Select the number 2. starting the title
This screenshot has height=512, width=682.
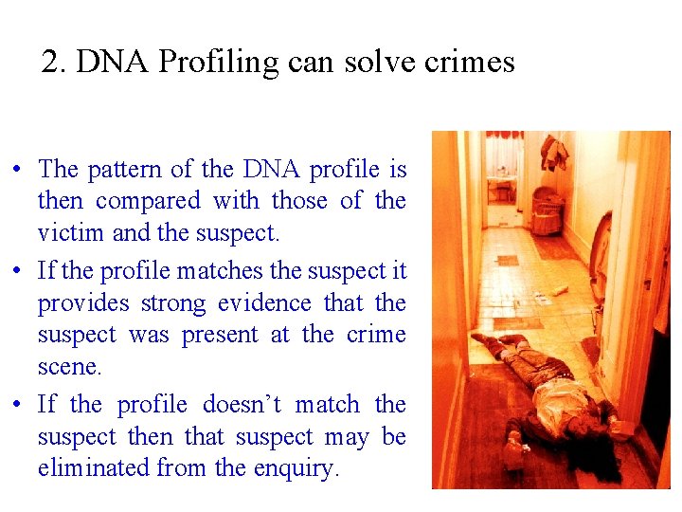[55, 63]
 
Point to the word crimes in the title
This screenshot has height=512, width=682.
[469, 63]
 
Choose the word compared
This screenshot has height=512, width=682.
[148, 201]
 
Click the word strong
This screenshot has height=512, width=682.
[174, 303]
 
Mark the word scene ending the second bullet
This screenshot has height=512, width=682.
[68, 367]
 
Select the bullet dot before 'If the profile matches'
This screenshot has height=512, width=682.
[19, 272]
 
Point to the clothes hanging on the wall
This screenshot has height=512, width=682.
[553, 152]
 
